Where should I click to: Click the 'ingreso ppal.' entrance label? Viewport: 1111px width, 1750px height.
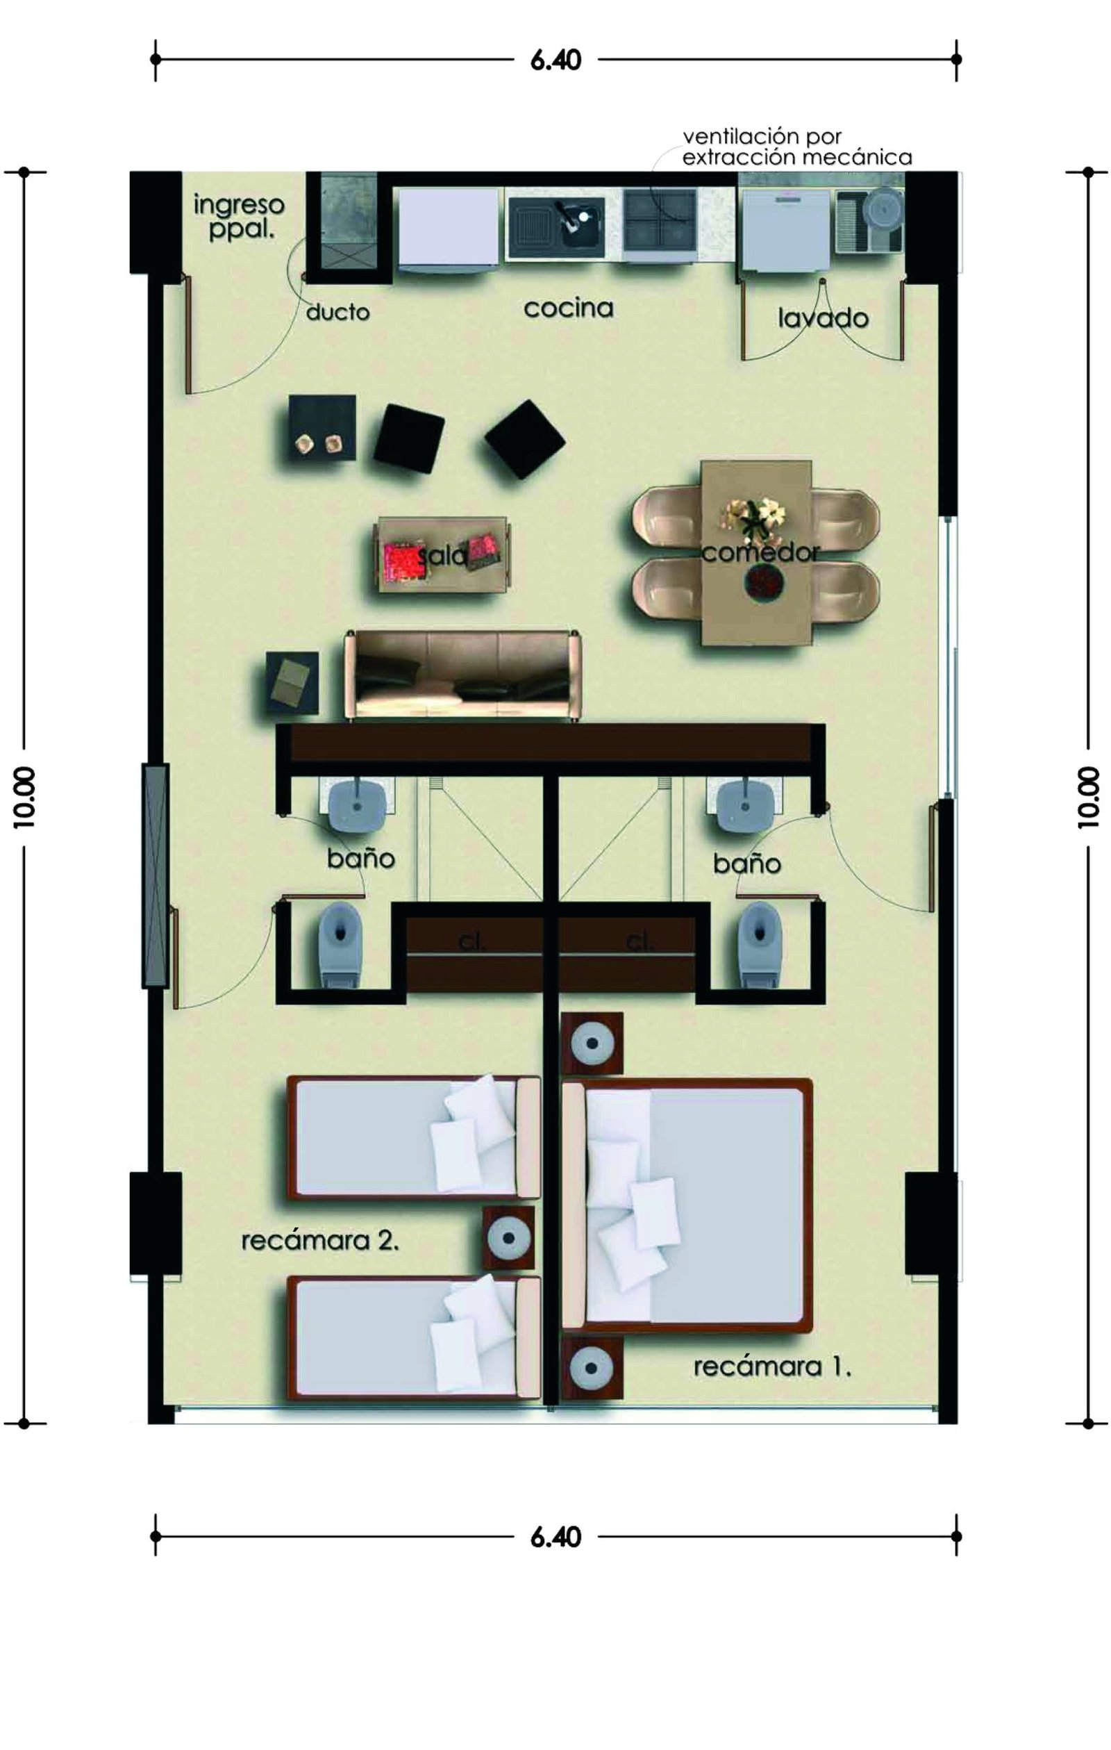(238, 217)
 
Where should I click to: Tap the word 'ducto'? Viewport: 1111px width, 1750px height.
(338, 313)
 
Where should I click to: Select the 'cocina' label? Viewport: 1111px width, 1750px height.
(568, 308)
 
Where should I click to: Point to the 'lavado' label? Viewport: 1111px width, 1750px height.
(823, 317)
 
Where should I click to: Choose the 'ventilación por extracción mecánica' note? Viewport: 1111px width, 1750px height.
(797, 147)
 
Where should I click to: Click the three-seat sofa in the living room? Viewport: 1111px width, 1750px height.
(465, 675)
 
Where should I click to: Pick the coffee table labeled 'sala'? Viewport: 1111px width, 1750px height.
(442, 554)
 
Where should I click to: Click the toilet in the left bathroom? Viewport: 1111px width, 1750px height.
(340, 944)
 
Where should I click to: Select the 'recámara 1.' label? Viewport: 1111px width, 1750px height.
(772, 1367)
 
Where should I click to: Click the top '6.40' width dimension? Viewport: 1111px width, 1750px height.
(556, 60)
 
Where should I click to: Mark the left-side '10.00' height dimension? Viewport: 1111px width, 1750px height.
(24, 798)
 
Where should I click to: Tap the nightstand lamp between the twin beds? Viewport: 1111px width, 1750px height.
(509, 1238)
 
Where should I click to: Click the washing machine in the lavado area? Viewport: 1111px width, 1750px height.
(783, 231)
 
